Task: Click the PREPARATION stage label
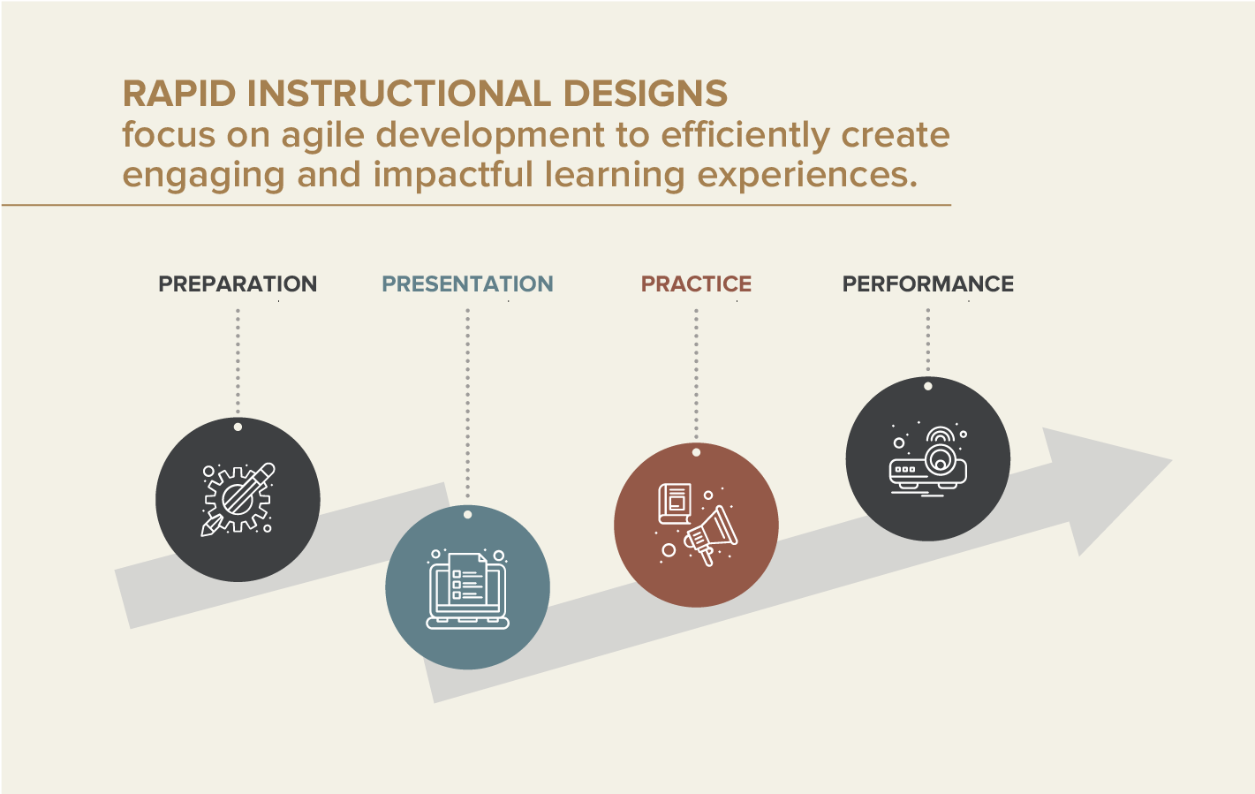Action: [x=237, y=284]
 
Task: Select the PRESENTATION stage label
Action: [x=467, y=284]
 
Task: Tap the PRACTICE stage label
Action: [x=696, y=284]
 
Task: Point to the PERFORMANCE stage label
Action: [x=927, y=284]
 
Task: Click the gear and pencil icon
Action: [x=238, y=499]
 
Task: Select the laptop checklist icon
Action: [x=467, y=590]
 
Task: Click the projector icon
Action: [x=927, y=462]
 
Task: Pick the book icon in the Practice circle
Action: [x=676, y=503]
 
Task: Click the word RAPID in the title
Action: [x=179, y=95]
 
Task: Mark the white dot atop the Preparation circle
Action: [x=238, y=427]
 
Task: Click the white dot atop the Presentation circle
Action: [x=467, y=515]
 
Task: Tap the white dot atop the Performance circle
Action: [x=927, y=386]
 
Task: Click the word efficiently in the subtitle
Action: [x=745, y=135]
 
